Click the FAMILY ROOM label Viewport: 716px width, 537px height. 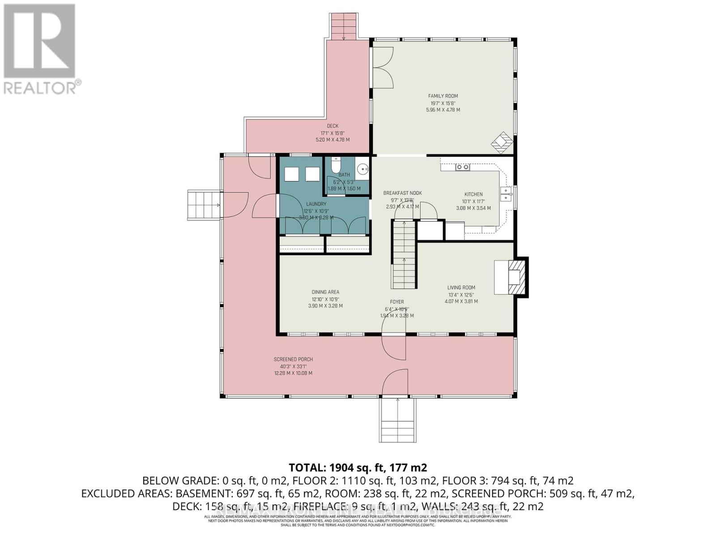pos(443,96)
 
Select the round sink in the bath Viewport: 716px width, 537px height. pos(363,169)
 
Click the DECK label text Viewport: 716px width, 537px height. pos(332,126)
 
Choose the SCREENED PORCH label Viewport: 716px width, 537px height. pos(293,359)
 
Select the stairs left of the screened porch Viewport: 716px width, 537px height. pos(204,205)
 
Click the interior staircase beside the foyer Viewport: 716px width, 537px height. pos(405,255)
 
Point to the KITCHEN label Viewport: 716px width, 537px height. pos(473,194)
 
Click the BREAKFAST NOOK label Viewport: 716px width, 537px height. pos(402,193)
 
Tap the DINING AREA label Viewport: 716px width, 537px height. pos(325,292)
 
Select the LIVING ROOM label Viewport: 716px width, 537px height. pos(461,288)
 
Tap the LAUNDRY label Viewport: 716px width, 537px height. pos(316,204)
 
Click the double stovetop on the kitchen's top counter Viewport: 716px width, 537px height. pos(462,167)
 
